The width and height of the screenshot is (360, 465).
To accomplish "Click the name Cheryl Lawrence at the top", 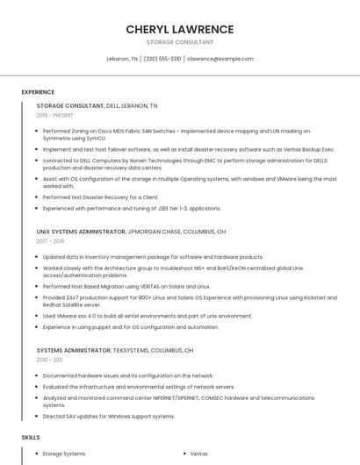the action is click(x=179, y=29).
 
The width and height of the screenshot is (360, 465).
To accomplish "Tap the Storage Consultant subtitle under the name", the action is click(x=179, y=42).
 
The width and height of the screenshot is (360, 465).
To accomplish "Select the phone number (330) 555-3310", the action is click(x=162, y=59).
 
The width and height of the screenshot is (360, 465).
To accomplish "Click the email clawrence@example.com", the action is click(x=220, y=59).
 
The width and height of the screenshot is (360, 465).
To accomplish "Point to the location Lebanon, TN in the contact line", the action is click(x=122, y=59).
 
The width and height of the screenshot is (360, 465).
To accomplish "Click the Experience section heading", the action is click(x=38, y=92).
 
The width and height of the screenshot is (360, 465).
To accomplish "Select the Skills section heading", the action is click(x=31, y=437).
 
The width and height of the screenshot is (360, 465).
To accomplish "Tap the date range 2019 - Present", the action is click(x=55, y=115).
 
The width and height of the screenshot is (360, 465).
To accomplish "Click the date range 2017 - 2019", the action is click(x=50, y=240).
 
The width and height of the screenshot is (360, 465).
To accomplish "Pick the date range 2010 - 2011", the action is click(x=49, y=360).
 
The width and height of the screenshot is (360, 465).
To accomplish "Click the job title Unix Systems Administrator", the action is click(x=81, y=232).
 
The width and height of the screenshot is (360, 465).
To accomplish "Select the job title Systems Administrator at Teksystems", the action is click(x=74, y=350).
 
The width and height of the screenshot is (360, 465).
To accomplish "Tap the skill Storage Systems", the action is click(x=64, y=454).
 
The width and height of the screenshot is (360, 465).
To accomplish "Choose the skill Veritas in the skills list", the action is click(x=199, y=454).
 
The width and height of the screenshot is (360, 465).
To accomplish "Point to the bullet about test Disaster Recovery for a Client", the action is click(x=101, y=197).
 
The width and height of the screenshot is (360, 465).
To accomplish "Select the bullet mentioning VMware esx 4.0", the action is click(x=148, y=316).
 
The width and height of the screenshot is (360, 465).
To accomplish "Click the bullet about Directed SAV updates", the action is click(x=109, y=416).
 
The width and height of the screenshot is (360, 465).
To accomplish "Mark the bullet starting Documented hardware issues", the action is click(x=128, y=376).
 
